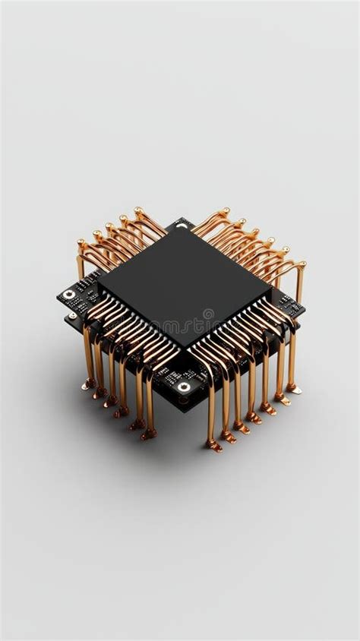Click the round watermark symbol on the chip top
[209, 314]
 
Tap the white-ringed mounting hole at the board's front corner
[184, 387]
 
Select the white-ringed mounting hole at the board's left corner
[69, 294]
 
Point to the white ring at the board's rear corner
[182, 226]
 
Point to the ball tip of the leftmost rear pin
[81, 244]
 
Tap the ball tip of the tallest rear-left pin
[137, 210]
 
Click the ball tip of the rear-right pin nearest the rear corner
[225, 210]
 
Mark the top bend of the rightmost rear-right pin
[302, 265]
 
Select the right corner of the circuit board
[304, 309]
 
